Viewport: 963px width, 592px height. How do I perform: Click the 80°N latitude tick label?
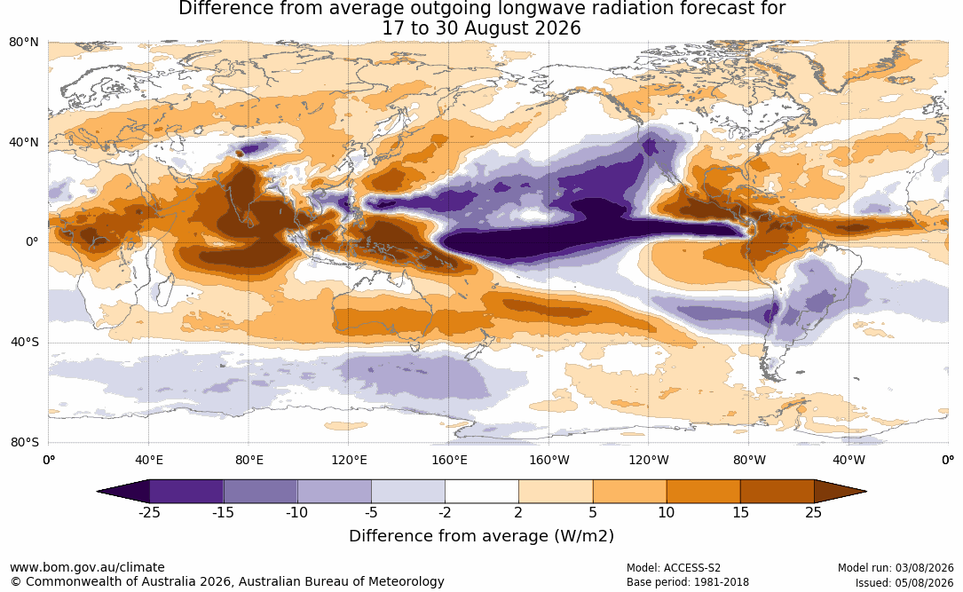[x=23, y=43]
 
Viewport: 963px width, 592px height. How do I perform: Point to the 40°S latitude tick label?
[x=24, y=342]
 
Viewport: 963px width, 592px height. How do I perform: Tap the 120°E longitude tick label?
[x=349, y=460]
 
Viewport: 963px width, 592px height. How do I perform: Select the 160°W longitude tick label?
[x=549, y=460]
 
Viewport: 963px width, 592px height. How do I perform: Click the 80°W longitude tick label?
[x=749, y=460]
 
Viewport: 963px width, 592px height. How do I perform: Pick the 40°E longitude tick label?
[x=148, y=460]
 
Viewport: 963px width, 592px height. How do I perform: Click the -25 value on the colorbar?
[x=149, y=512]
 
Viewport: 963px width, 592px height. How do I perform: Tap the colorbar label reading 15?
[x=740, y=512]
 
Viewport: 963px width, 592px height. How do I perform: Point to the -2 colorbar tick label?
[x=445, y=512]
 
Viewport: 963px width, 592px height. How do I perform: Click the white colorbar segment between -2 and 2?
[x=481, y=492]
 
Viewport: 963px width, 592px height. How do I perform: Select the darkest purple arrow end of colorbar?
[x=122, y=492]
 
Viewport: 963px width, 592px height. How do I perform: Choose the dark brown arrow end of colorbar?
[x=841, y=492]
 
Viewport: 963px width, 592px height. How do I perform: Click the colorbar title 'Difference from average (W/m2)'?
[x=481, y=536]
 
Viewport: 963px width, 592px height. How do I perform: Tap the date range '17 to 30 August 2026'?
[x=481, y=28]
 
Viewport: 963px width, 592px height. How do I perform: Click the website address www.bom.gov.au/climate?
[x=87, y=567]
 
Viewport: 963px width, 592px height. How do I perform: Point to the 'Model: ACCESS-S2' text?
[x=673, y=568]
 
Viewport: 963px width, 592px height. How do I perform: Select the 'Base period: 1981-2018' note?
[x=687, y=582]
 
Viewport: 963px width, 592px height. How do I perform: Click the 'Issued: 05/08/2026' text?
[x=904, y=583]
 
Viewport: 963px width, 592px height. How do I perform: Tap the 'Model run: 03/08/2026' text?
[x=896, y=568]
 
